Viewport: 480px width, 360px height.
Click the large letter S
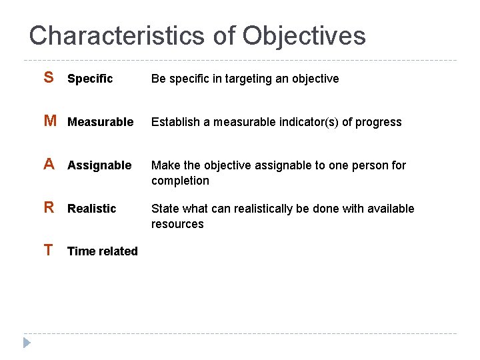tap(49, 78)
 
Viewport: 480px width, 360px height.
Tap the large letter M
tap(50, 121)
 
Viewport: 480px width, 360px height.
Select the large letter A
tap(49, 165)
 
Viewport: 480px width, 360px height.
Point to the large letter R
tap(49, 208)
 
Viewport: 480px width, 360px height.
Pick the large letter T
tap(48, 251)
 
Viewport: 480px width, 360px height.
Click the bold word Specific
tap(90, 79)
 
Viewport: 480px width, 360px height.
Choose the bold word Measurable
tap(100, 122)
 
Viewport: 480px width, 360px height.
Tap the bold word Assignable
tap(99, 165)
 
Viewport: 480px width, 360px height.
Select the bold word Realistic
tap(91, 209)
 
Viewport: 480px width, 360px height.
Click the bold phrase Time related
tap(103, 251)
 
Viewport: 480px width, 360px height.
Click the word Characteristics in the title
tap(117, 35)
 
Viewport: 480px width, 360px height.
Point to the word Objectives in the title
tap(304, 35)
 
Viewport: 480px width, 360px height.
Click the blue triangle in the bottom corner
tap(26, 343)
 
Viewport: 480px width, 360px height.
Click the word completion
tap(180, 181)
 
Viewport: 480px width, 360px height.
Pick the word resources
tap(177, 224)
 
